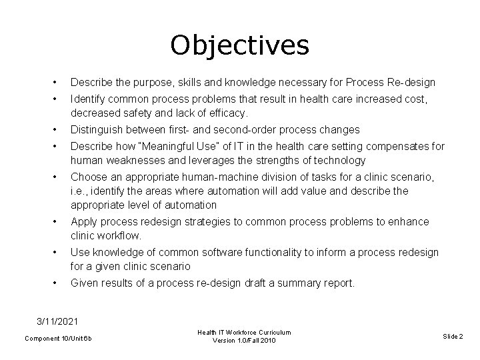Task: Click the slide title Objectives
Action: pos(239,45)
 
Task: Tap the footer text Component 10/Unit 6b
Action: pos(58,339)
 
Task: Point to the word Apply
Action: pos(83,221)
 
